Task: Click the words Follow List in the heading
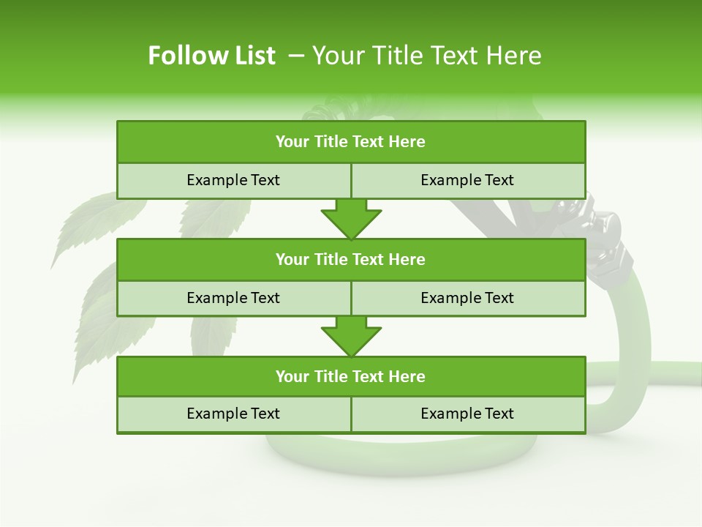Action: coord(211,56)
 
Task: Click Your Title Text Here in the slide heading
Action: coord(426,56)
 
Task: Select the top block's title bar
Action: coord(351,142)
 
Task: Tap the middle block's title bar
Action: coord(351,259)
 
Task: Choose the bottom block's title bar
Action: coord(351,376)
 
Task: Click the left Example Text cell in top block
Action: coord(233,180)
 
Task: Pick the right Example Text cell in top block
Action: coord(467,180)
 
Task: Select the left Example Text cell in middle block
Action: coord(233,298)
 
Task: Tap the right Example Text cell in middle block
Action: coord(467,298)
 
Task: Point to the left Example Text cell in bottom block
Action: coord(233,414)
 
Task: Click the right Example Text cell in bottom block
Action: coord(467,414)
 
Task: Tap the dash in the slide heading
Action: coord(296,56)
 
